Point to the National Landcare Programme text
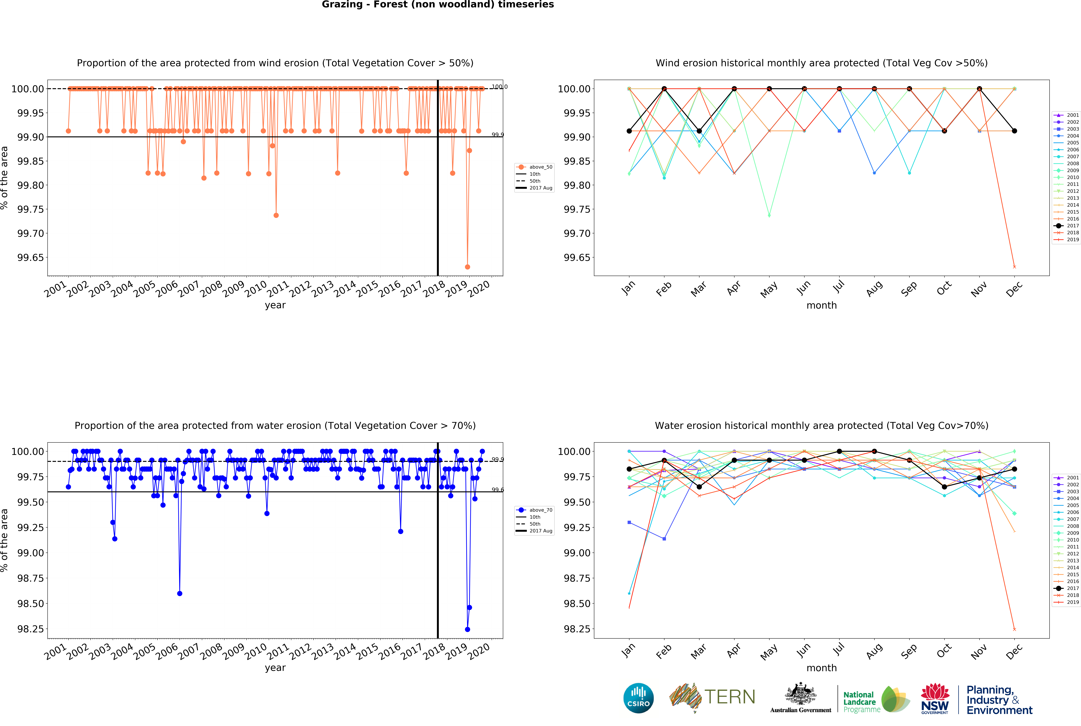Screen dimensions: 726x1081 [860, 702]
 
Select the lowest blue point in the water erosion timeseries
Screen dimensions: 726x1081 [467, 629]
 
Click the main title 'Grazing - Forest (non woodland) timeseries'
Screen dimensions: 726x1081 [438, 5]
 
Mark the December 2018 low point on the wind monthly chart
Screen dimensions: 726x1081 [1014, 267]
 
